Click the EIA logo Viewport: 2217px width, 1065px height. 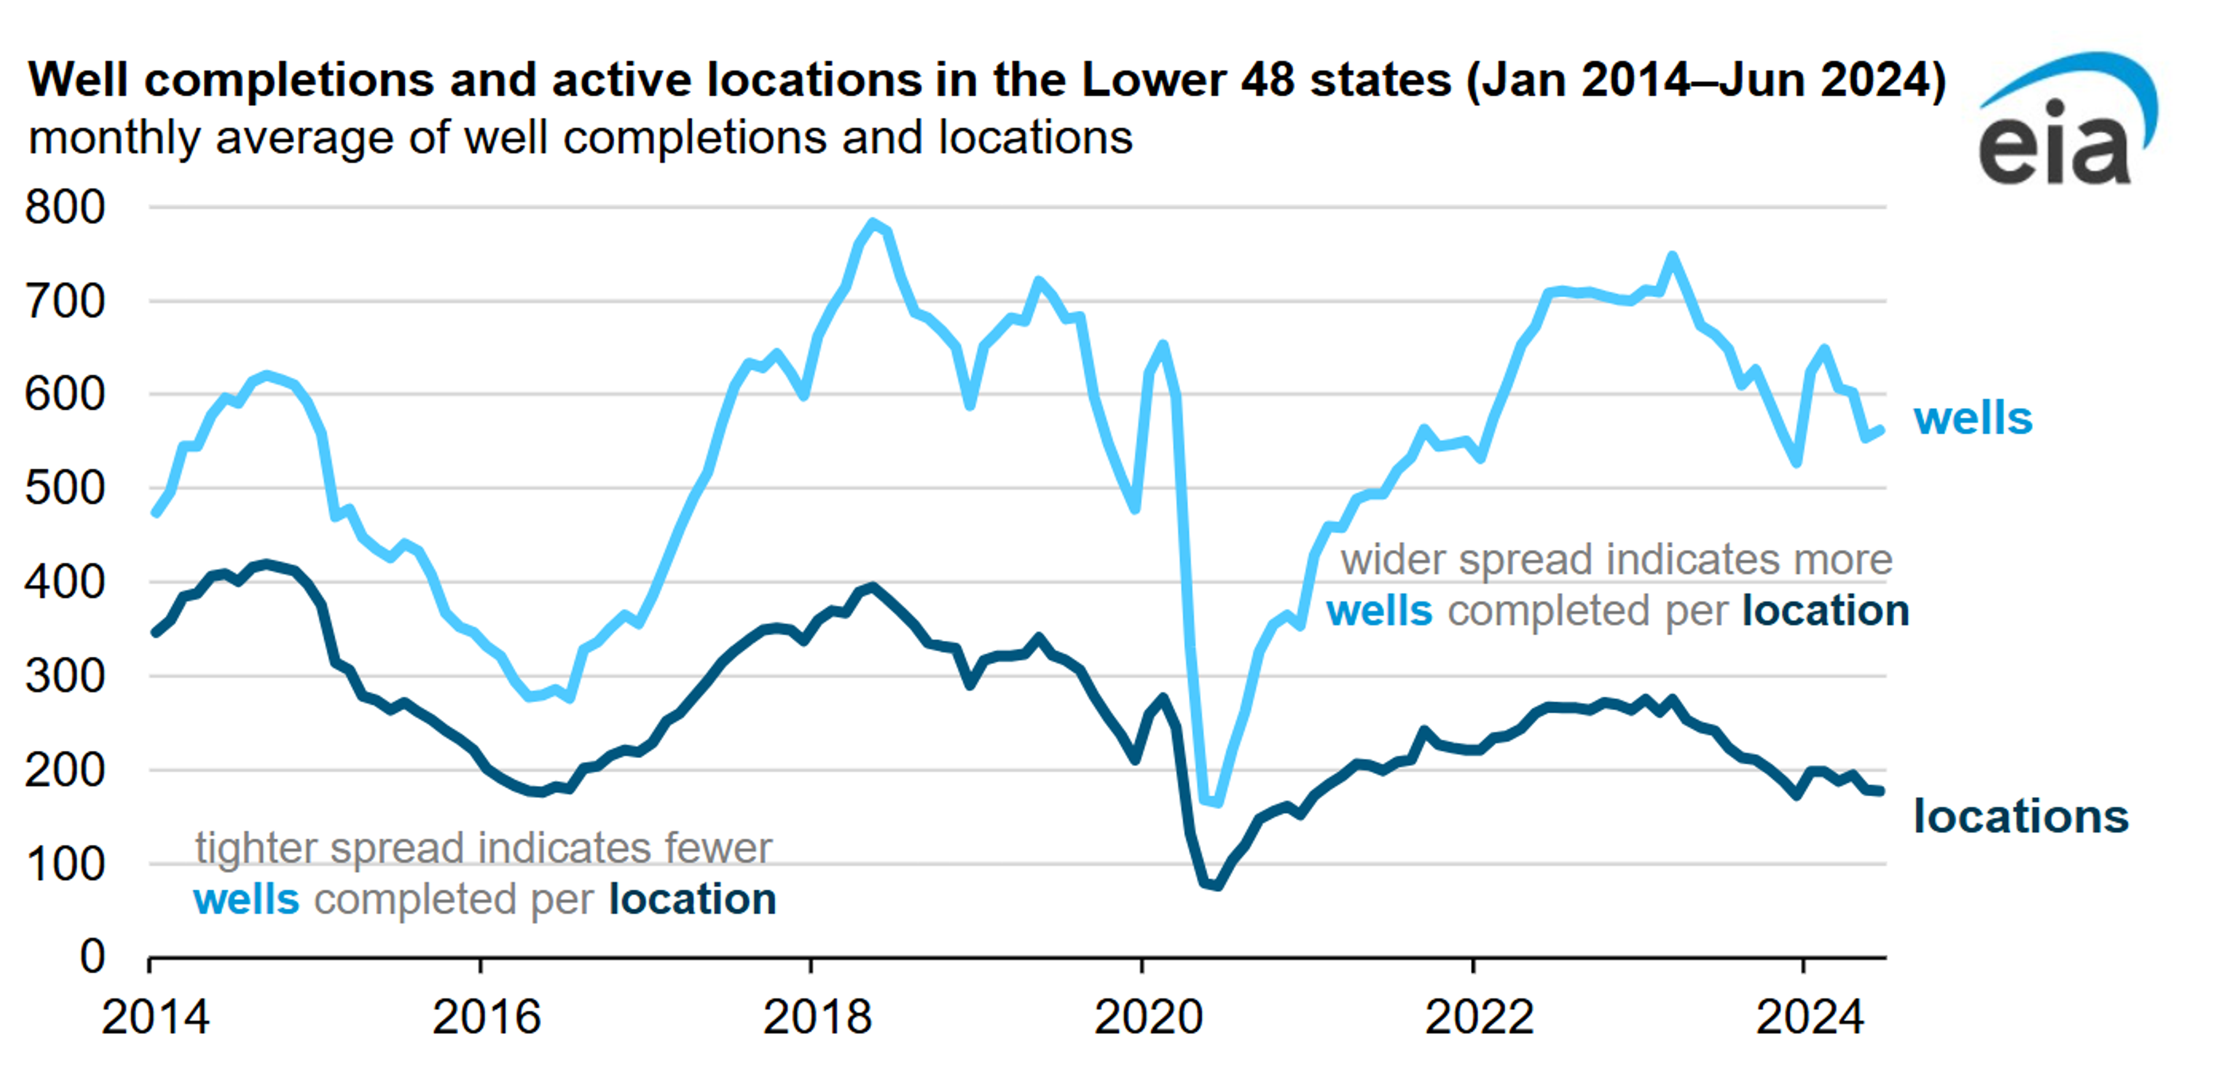pos(2066,121)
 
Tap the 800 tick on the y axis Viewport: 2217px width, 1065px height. pos(65,207)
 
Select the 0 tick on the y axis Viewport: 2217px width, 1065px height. pos(92,956)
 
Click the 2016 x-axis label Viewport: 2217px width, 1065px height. pos(486,1017)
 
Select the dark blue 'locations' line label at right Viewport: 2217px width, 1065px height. pos(2020,816)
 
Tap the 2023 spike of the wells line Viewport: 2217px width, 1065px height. pos(1672,256)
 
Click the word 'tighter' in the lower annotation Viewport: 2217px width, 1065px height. pos(256,849)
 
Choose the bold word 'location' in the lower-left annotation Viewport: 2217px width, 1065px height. pos(692,900)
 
